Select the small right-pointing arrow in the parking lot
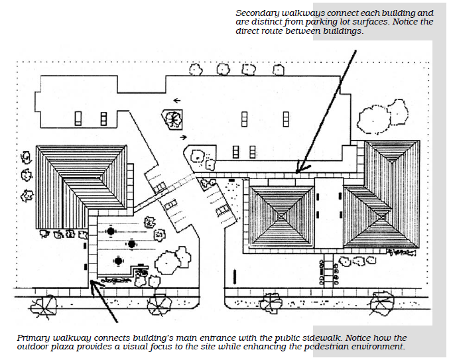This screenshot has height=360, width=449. [x=182, y=138]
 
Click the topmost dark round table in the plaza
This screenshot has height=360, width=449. [x=110, y=231]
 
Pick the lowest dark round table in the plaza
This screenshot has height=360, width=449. [x=119, y=261]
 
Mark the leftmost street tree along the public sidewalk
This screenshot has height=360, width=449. [x=46, y=306]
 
